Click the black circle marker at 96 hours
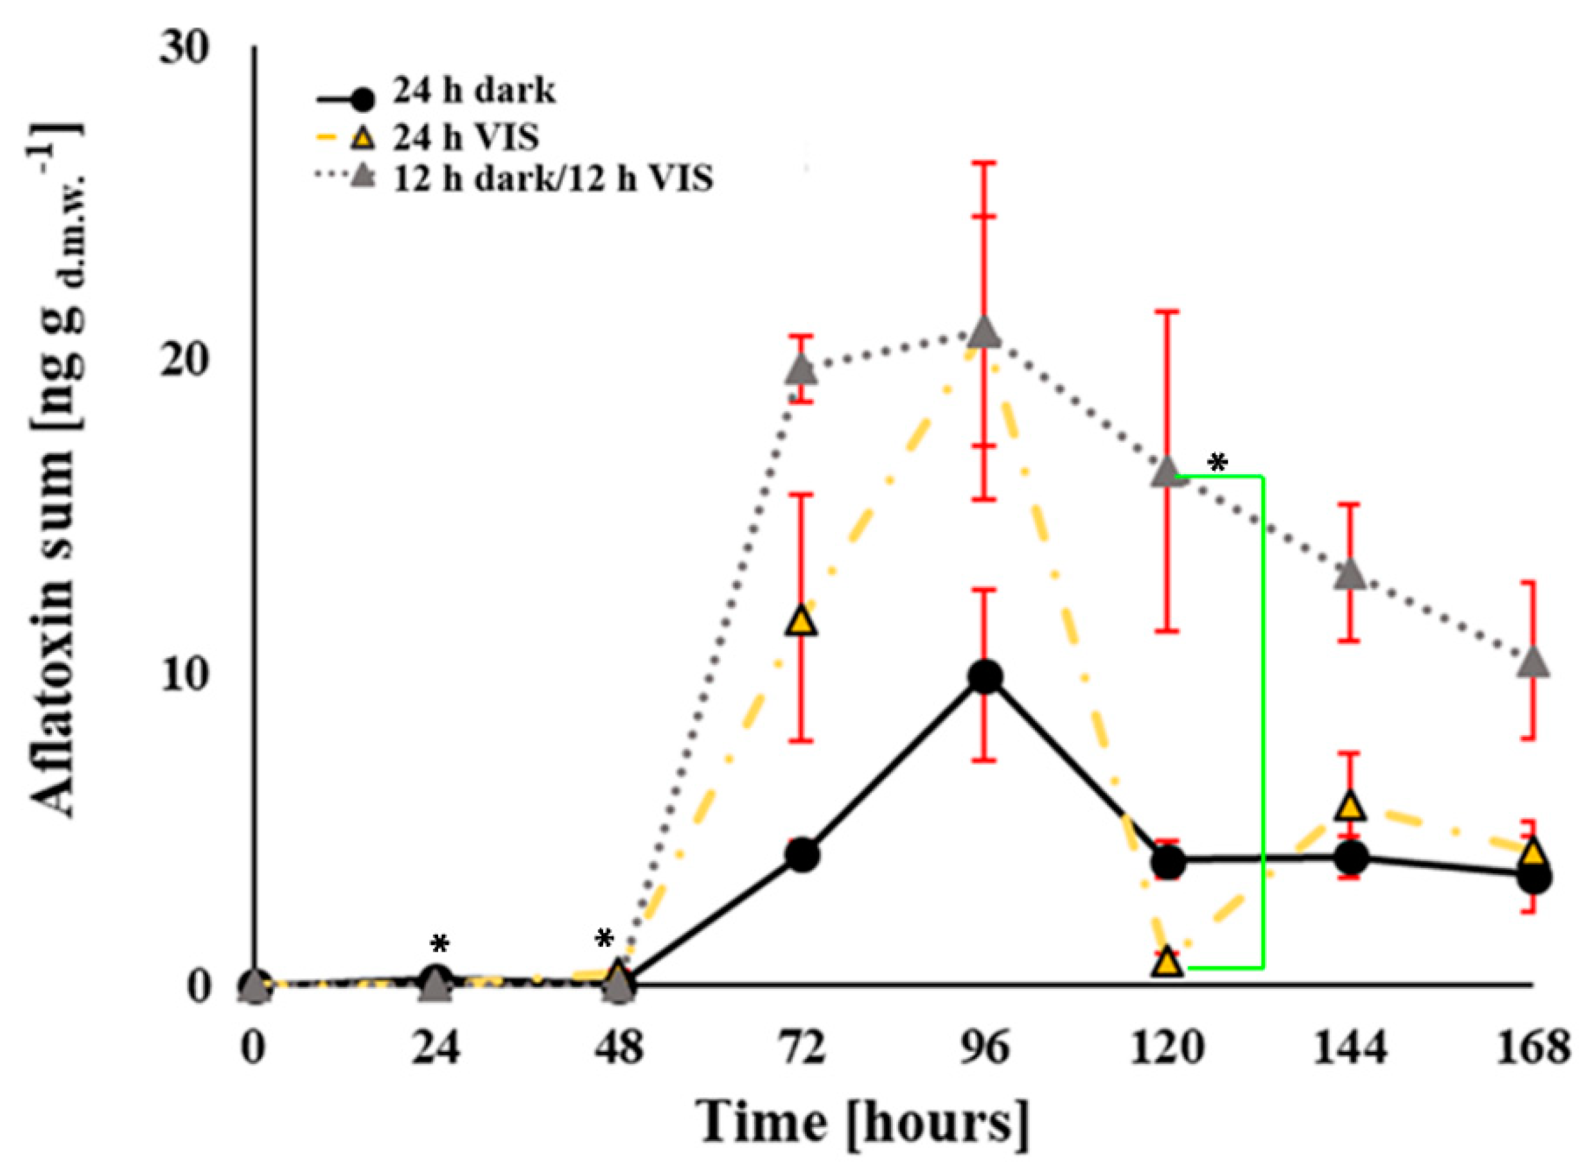(985, 677)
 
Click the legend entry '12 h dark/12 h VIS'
(552, 178)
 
